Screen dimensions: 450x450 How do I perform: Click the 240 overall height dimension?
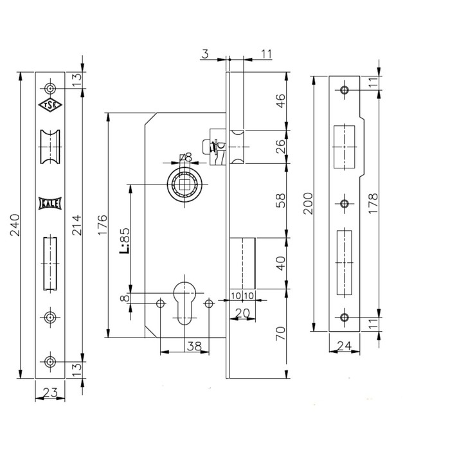[x=15, y=225]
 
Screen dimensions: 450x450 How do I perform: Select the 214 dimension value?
[x=76, y=225]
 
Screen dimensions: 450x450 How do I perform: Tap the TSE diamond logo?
[x=50, y=105]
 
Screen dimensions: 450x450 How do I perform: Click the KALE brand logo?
[x=50, y=204]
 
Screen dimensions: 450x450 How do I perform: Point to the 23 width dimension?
[x=50, y=392]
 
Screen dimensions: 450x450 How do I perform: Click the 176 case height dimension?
[x=102, y=225]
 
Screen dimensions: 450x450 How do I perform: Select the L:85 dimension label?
[x=124, y=241]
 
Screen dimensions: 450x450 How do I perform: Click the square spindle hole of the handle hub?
[x=184, y=184]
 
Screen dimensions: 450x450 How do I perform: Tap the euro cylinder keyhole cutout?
[x=185, y=304]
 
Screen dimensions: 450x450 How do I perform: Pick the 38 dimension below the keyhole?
[x=194, y=346]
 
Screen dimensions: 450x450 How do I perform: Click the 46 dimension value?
[x=281, y=101]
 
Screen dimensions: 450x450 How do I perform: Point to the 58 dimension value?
[x=281, y=201]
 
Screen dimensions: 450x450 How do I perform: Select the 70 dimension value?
[x=281, y=333]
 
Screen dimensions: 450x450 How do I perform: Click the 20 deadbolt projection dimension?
[x=242, y=314]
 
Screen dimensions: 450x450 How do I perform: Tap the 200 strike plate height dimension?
[x=308, y=204]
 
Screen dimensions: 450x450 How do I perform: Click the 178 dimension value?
[x=373, y=204]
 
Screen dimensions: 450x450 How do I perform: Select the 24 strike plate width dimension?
[x=344, y=346]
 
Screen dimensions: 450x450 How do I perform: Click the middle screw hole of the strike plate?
[x=345, y=204]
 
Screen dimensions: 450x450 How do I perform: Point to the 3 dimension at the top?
[x=205, y=54]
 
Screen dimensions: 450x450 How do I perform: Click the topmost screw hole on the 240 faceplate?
[x=51, y=89]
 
